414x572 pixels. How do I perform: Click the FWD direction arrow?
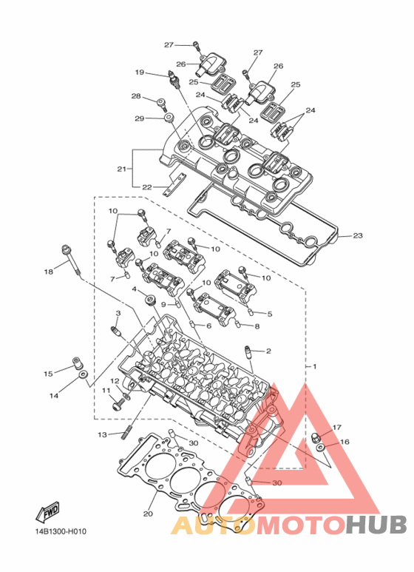(x=47, y=511)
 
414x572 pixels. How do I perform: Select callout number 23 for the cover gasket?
(x=358, y=235)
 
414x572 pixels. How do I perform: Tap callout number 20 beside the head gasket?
(x=148, y=514)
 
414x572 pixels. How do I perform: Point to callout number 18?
(x=49, y=272)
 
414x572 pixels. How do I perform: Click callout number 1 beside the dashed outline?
(x=314, y=366)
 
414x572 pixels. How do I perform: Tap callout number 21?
(x=121, y=169)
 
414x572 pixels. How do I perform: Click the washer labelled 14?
(x=84, y=374)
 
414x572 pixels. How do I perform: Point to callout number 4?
(x=134, y=289)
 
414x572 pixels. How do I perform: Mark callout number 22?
(x=146, y=187)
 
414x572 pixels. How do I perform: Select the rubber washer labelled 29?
(x=169, y=118)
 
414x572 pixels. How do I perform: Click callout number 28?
(x=136, y=96)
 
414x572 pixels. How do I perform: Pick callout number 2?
(x=268, y=351)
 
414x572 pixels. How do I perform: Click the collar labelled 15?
(x=75, y=363)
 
